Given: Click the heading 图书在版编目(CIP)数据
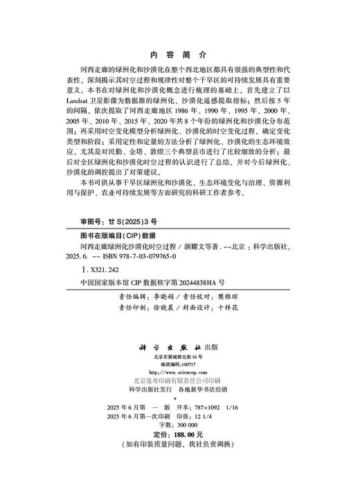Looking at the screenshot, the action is pos(119,234).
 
